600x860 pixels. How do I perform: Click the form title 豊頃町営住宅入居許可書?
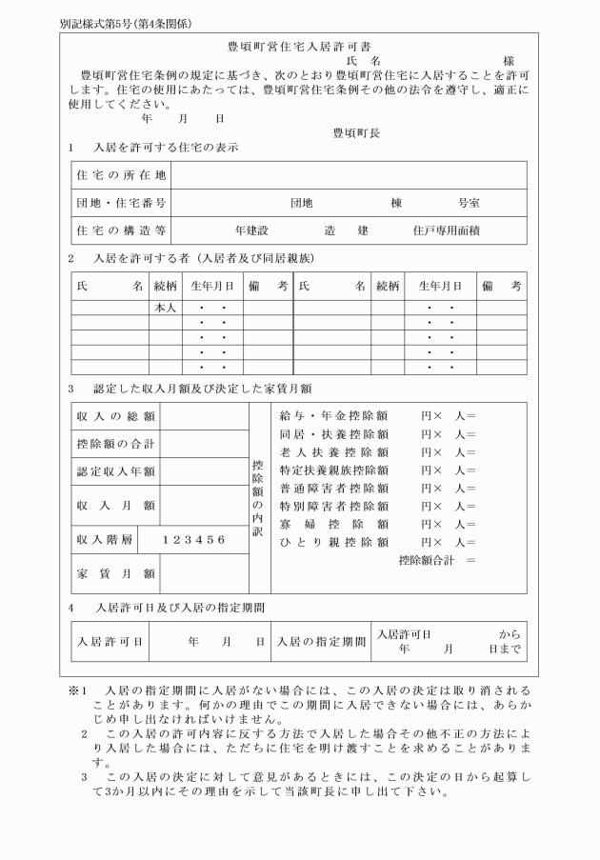pos(300,46)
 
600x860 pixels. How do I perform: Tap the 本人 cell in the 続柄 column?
pos(165,309)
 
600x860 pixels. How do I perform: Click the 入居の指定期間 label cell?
pos(320,642)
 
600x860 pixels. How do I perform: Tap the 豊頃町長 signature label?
pos(356,133)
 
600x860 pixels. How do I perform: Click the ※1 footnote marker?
pos(77,689)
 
